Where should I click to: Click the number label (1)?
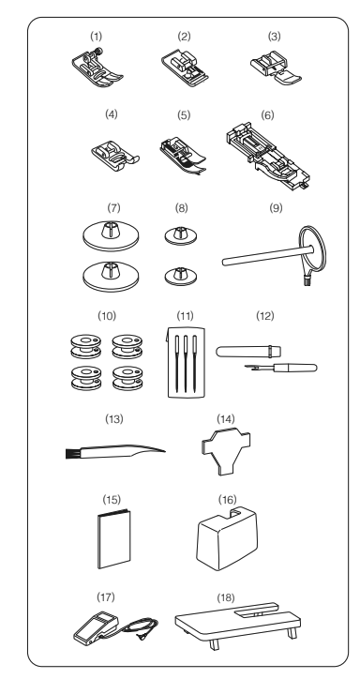pyautogui.click(x=96, y=37)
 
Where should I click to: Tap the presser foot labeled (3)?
pyautogui.click(x=276, y=69)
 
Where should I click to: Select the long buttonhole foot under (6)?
pyautogui.click(x=267, y=157)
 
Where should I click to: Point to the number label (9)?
pyautogui.click(x=276, y=208)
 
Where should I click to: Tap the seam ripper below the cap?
pyautogui.click(x=281, y=368)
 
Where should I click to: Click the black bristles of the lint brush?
pyautogui.click(x=69, y=454)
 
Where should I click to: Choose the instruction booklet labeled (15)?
pyautogui.click(x=114, y=538)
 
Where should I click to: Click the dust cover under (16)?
pyautogui.click(x=227, y=539)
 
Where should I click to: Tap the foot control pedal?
pyautogui.click(x=96, y=628)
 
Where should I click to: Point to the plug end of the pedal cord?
pyautogui.click(x=141, y=636)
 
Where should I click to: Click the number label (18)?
pyautogui.click(x=226, y=598)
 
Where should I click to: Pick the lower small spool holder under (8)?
pyautogui.click(x=181, y=277)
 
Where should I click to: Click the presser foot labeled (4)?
pyautogui.click(x=115, y=156)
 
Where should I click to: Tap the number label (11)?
pyautogui.click(x=186, y=316)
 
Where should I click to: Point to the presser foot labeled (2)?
pyautogui.click(x=185, y=69)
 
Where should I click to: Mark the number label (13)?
pyautogui.click(x=114, y=419)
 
